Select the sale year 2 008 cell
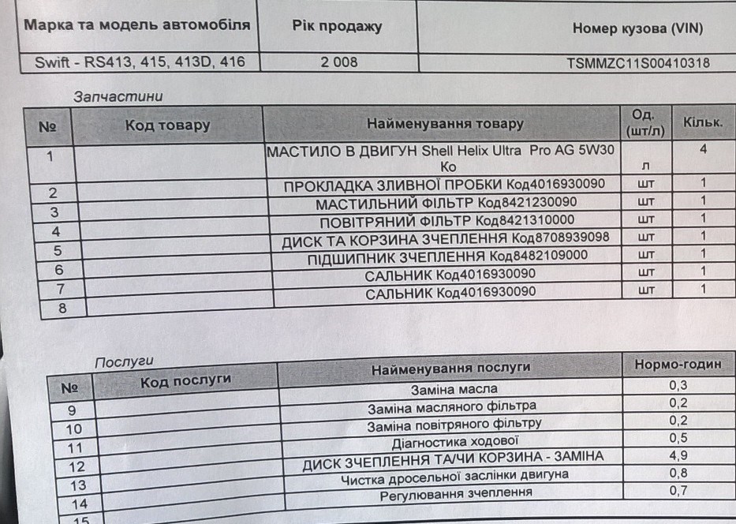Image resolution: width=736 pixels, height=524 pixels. tap(338, 62)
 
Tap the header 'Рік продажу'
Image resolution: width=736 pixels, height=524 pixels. tap(337, 26)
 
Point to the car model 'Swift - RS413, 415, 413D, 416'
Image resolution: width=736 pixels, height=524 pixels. tap(140, 62)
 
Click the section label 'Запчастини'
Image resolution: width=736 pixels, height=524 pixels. tap(118, 96)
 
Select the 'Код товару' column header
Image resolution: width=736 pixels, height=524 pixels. tap(167, 125)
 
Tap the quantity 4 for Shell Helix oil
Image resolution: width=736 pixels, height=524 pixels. tap(702, 148)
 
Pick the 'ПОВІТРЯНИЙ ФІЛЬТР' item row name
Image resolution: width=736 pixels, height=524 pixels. tap(447, 220)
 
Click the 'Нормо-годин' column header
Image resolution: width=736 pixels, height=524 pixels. tap(678, 364)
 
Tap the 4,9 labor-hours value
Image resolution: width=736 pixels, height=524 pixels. tap(678, 455)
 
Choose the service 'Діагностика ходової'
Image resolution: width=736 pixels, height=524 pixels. tap(455, 440)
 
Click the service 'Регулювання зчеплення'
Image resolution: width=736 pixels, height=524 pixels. tap(455, 493)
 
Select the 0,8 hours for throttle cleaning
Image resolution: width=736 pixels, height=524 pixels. tap(678, 473)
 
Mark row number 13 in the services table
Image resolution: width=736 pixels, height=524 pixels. tap(78, 485)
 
